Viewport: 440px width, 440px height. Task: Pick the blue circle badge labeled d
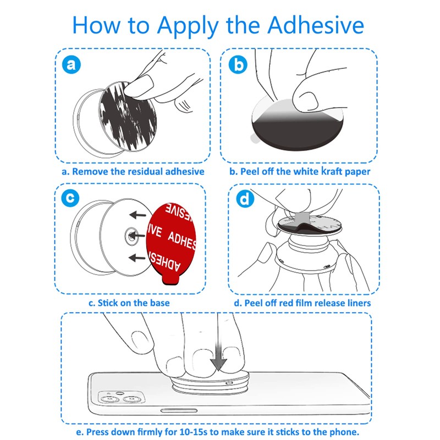pos(244,199)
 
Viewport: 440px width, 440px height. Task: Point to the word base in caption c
pos(158,303)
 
